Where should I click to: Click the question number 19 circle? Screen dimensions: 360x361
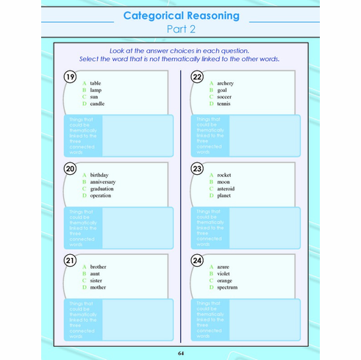pos(70,77)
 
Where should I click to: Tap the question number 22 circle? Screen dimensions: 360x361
pos(197,77)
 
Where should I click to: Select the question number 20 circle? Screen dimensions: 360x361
pos(70,168)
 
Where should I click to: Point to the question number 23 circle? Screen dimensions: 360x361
pos(197,168)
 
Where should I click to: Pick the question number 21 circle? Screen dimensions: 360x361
pos(70,260)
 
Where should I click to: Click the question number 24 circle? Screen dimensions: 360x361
pos(197,260)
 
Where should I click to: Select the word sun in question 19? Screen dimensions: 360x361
pos(95,97)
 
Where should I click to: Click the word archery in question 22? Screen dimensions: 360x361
pos(226,83)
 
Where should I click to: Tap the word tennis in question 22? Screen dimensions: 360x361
pos(224,104)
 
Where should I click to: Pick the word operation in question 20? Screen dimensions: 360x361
pos(101,196)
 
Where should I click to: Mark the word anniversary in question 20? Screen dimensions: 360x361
pos(103,182)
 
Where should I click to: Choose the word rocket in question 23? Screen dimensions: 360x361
pos(224,175)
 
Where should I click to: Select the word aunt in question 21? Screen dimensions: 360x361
pos(96,273)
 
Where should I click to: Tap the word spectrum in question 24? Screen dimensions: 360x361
pos(227,287)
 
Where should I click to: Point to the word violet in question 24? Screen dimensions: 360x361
pos(224,273)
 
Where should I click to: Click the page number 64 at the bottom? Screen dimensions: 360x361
pos(181,354)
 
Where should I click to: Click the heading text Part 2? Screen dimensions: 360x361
pos(181,29)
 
